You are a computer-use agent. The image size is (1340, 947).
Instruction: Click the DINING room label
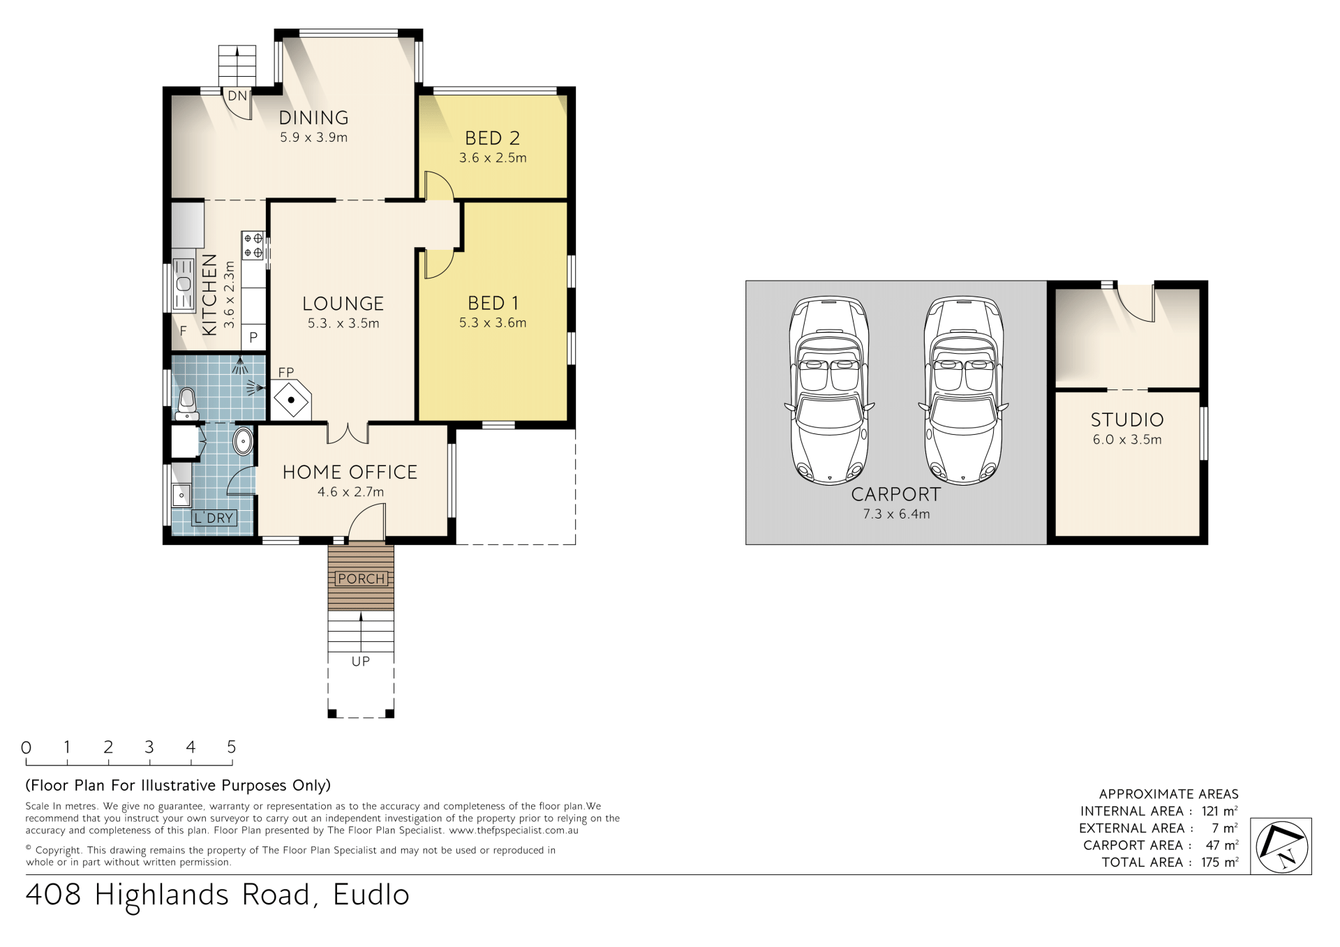pyautogui.click(x=313, y=118)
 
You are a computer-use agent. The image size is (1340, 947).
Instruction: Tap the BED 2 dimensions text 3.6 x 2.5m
pyautogui.click(x=493, y=158)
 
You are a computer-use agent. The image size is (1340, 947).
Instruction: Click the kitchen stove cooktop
pyautogui.click(x=253, y=246)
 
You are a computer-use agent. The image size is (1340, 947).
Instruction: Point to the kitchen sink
pyautogui.click(x=184, y=284)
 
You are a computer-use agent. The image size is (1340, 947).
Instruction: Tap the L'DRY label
pyautogui.click(x=214, y=518)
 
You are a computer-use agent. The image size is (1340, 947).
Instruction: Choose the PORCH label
pyautogui.click(x=361, y=579)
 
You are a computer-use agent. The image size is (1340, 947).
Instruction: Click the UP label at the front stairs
pyautogui.click(x=361, y=661)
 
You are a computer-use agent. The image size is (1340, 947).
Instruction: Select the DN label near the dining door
pyautogui.click(x=237, y=96)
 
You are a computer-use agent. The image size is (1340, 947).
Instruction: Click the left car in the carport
pyautogui.click(x=829, y=389)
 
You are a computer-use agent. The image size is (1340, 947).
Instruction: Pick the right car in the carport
pyautogui.click(x=963, y=389)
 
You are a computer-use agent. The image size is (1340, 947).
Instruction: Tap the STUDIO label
pyautogui.click(x=1127, y=420)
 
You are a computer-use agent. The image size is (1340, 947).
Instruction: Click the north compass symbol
pyautogui.click(x=1283, y=847)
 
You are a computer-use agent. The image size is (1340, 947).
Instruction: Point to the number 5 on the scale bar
pyautogui.click(x=232, y=747)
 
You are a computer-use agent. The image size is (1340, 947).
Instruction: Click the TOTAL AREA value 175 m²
pyautogui.click(x=1220, y=863)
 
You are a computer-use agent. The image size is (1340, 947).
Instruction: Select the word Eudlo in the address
pyautogui.click(x=371, y=895)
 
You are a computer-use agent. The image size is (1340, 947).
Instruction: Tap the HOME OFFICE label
pyautogui.click(x=350, y=472)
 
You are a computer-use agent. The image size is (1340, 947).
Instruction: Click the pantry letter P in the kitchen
pyautogui.click(x=253, y=337)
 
